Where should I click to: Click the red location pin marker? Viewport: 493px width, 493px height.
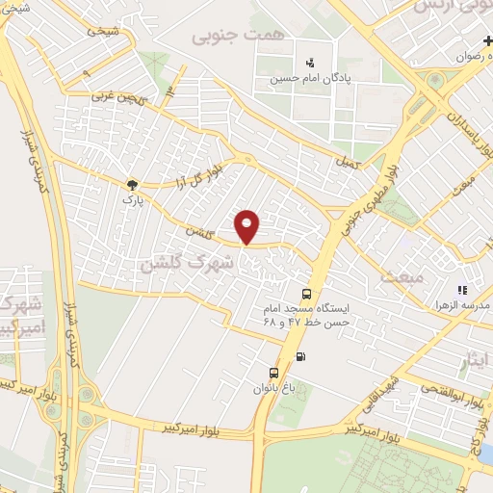point(248,226)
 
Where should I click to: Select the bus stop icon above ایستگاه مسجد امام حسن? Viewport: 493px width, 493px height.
point(306,295)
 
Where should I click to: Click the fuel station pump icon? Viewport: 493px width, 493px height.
point(302,357)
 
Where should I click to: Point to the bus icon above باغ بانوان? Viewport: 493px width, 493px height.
point(274,373)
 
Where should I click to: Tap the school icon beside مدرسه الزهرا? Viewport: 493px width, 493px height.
point(462,289)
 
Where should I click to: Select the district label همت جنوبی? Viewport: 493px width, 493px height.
point(227,36)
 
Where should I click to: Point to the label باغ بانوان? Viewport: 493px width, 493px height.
point(271,389)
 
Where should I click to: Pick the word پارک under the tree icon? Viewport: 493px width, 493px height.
point(131,200)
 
